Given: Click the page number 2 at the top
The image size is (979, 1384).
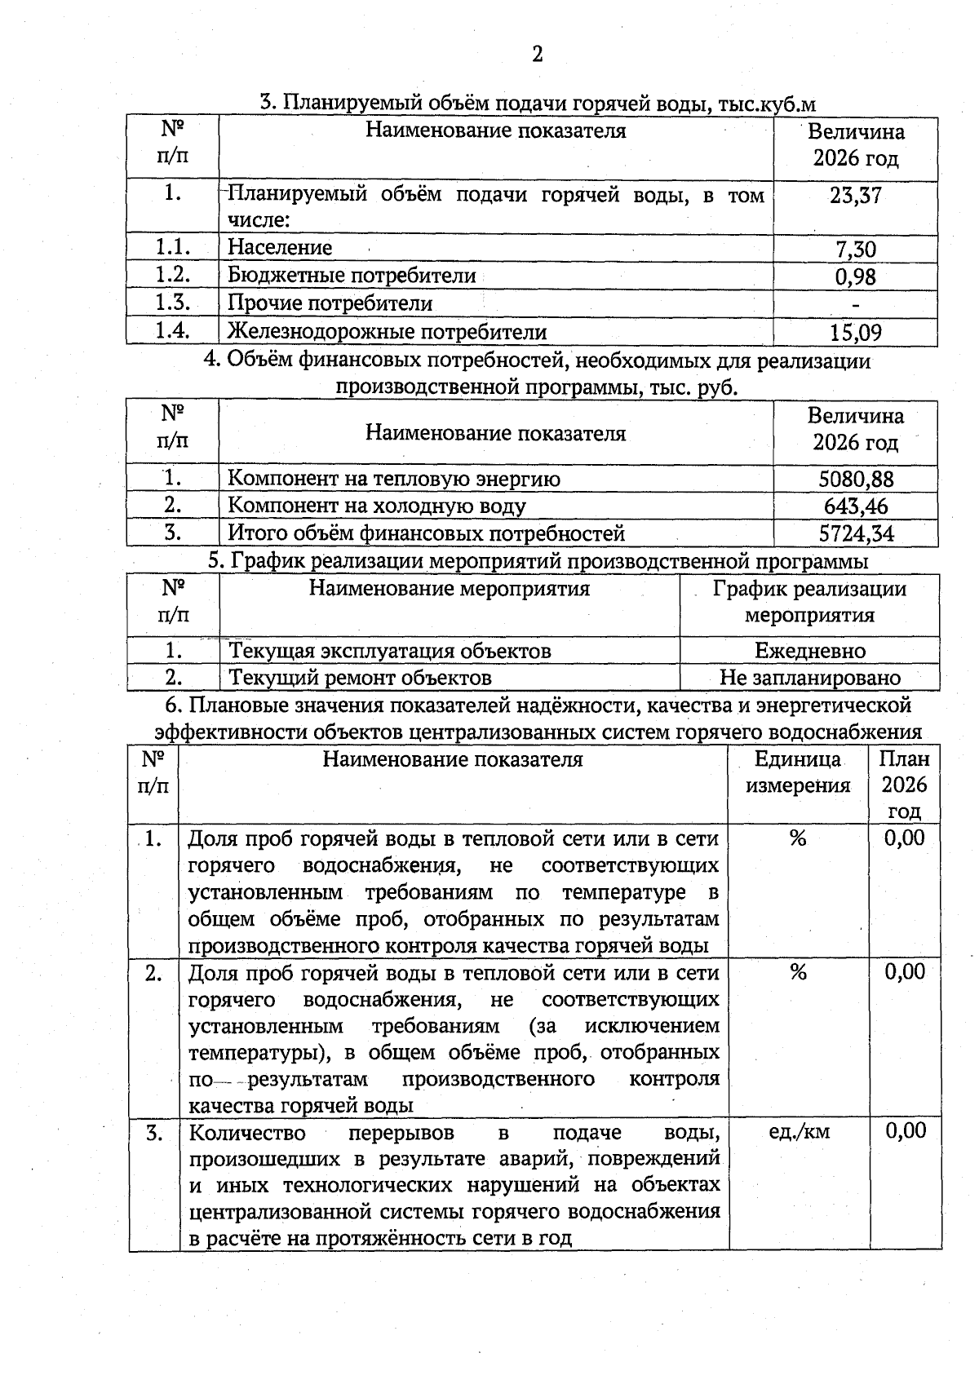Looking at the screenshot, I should click(x=537, y=55).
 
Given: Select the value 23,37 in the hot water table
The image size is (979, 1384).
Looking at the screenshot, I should click(x=855, y=196).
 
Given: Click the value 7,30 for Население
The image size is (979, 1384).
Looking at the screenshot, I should click(x=855, y=250).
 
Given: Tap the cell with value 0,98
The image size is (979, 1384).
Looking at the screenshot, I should click(x=855, y=277).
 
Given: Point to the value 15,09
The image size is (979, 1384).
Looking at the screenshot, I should click(x=855, y=333).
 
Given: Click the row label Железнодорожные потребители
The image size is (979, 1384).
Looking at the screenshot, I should click(x=387, y=332).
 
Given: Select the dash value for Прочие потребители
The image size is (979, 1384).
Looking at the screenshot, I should click(x=855, y=304).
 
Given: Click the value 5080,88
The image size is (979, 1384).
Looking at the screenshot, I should click(x=856, y=479).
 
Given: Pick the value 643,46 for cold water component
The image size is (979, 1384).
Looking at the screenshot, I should click(x=856, y=506).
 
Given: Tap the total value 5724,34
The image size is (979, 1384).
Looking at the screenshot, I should click(x=856, y=534).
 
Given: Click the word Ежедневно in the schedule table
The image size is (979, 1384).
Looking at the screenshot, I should click(x=809, y=651).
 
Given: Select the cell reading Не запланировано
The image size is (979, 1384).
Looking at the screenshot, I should click(x=809, y=678).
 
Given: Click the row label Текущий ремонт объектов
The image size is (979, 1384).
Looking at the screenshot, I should click(x=360, y=678).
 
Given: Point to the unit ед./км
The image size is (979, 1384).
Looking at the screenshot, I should click(x=799, y=1131).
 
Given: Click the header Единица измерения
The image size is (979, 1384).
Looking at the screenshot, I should click(x=798, y=772).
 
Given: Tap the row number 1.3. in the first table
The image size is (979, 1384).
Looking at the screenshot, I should click(x=172, y=303).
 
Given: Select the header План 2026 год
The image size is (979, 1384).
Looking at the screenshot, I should click(x=904, y=785).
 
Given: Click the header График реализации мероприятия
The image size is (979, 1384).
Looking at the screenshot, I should click(x=809, y=602).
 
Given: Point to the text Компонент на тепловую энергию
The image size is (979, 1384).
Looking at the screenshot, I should click(x=393, y=479).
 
